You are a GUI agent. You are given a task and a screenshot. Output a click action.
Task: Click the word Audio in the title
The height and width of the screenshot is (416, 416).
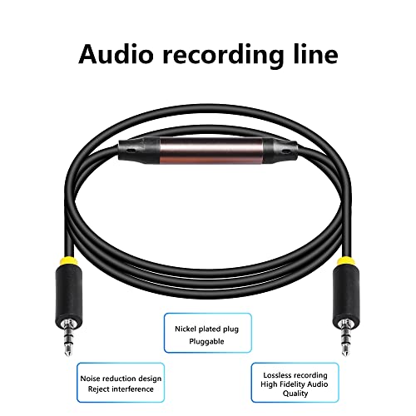116,54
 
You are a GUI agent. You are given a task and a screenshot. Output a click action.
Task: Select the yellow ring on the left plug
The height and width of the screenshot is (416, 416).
69,260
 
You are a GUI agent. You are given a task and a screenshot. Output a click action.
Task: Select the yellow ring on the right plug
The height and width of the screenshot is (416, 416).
346,260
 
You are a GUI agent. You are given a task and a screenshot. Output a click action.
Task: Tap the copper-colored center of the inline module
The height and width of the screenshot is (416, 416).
211,151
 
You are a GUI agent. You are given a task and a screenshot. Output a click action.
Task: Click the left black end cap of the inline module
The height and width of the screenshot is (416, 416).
140,151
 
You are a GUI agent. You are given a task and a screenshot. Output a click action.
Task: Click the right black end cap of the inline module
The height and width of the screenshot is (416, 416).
280,151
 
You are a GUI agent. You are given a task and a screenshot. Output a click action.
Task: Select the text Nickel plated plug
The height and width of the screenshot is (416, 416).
206,329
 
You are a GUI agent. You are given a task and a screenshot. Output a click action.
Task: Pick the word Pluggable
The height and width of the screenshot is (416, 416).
206,341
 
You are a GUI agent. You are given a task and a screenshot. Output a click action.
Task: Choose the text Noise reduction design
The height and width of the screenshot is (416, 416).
121,379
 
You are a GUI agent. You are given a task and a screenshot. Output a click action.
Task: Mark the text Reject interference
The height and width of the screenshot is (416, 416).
121,389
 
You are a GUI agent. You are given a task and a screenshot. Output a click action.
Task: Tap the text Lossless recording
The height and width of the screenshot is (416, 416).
295,375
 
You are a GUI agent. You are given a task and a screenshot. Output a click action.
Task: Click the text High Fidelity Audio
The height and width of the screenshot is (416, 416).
295,384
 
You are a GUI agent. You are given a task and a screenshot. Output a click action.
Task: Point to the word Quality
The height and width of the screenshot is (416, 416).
295,394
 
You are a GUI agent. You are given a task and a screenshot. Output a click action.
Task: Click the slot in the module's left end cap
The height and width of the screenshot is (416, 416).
130,151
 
